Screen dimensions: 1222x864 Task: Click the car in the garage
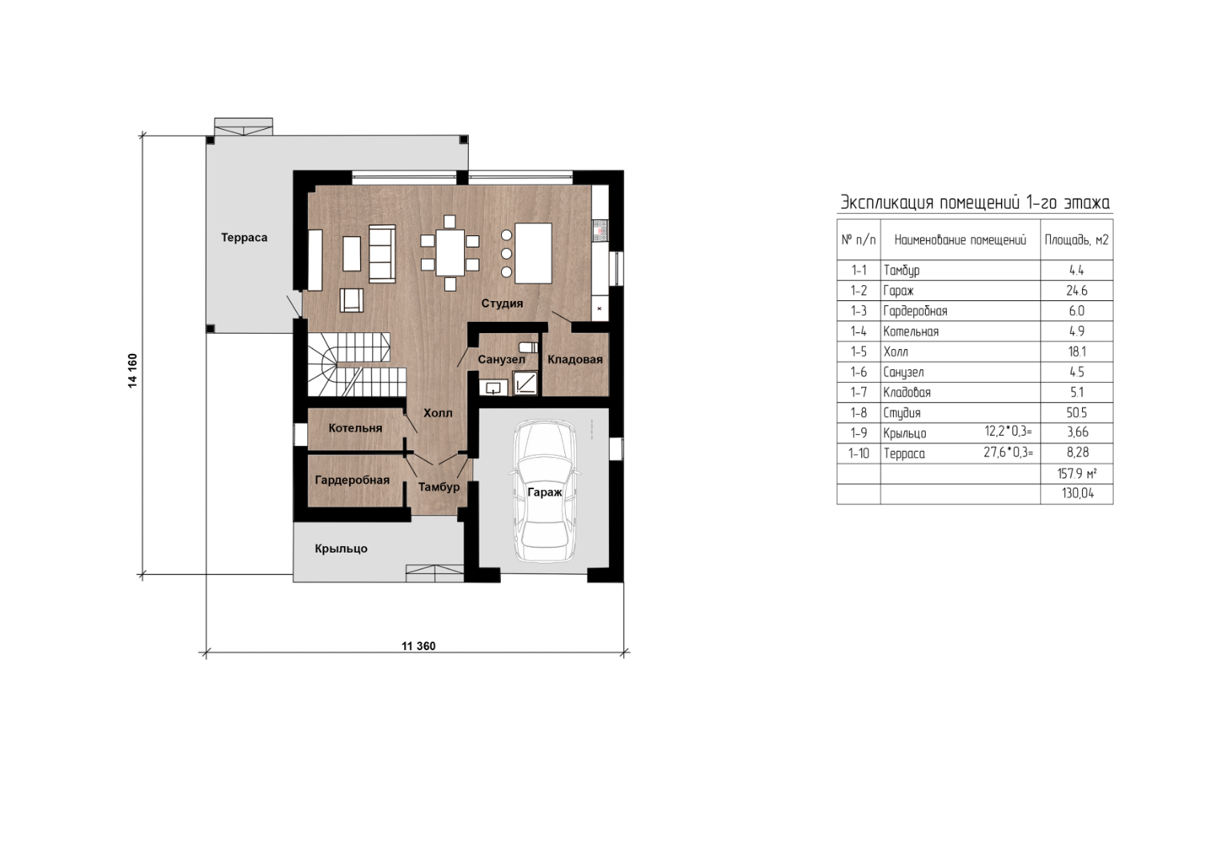pyautogui.click(x=543, y=491)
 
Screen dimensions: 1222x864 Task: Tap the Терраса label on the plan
pyautogui.click(x=244, y=238)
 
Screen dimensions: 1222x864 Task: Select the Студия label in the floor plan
pyautogui.click(x=502, y=303)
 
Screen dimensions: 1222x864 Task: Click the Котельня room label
pyautogui.click(x=355, y=428)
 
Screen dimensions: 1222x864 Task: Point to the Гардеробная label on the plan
pyautogui.click(x=352, y=480)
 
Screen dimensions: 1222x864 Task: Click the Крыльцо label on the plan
pyautogui.click(x=341, y=549)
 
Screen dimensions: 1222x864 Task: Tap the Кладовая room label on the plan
pyautogui.click(x=575, y=360)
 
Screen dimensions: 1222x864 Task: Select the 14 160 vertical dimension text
pyautogui.click(x=133, y=371)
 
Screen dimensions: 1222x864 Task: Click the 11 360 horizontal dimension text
pyautogui.click(x=419, y=646)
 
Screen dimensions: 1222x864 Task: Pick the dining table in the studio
pyautogui.click(x=450, y=253)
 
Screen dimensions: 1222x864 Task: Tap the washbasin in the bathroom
pyautogui.click(x=493, y=388)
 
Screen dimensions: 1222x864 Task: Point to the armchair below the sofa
pyautogui.click(x=352, y=300)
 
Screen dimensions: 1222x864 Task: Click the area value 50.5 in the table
pyautogui.click(x=1076, y=413)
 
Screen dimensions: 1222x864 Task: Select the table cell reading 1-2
pyautogui.click(x=859, y=291)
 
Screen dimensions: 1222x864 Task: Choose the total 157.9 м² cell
pyautogui.click(x=1077, y=474)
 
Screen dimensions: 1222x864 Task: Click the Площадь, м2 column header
pyautogui.click(x=1076, y=240)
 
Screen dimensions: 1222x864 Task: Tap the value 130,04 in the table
pyautogui.click(x=1077, y=494)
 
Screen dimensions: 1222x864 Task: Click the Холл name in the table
pyautogui.click(x=895, y=352)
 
